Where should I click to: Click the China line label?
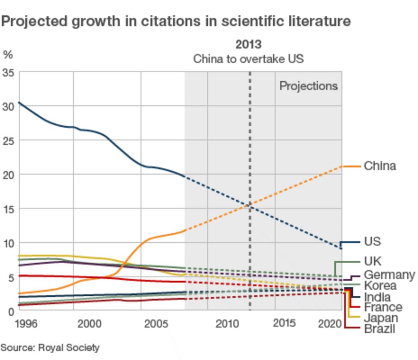point(379,166)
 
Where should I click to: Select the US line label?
point(372,241)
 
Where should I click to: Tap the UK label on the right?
point(372,261)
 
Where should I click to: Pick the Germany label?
point(389,274)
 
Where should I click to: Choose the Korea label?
point(380,285)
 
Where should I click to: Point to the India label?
point(377,297)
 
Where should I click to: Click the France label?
point(383,307)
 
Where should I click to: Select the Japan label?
point(381,318)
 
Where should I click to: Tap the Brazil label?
point(379,328)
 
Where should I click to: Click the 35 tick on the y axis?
point(9,73)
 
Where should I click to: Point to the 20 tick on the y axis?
point(9,175)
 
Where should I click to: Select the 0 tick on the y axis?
point(11,311)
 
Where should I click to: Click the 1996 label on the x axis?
point(26,324)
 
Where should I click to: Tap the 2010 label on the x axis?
point(227,324)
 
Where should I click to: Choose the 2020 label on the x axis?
point(330,324)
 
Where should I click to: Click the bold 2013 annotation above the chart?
point(248,44)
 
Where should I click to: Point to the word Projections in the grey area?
point(308,86)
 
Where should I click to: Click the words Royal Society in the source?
point(69,347)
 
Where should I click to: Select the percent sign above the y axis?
point(8,54)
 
